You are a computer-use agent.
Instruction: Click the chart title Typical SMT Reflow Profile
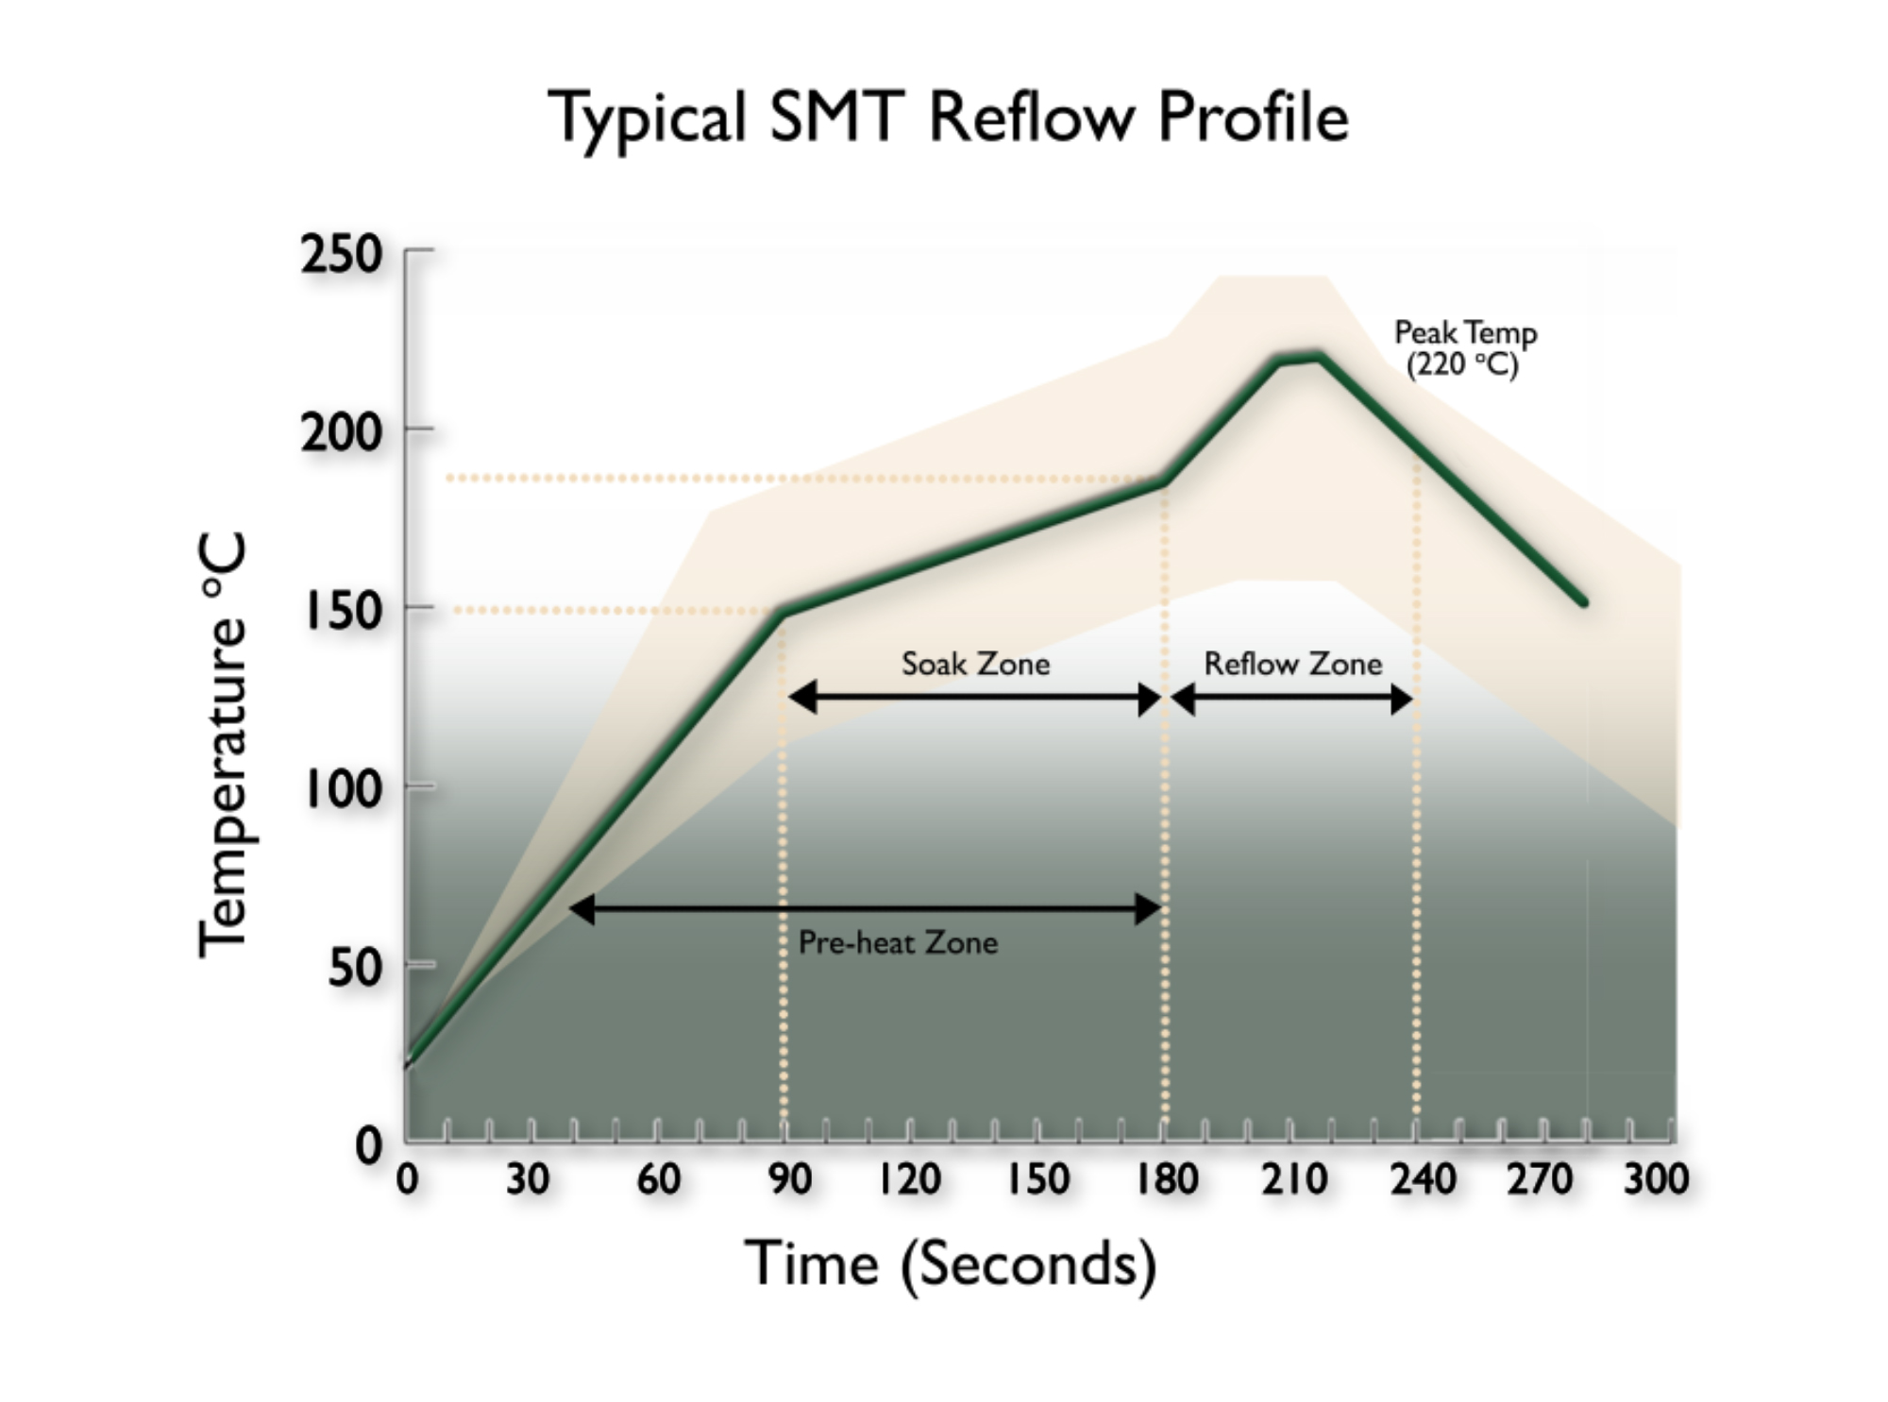[x=948, y=118]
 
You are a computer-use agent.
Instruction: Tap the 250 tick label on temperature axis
[x=341, y=255]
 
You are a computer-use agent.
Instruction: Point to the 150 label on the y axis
[x=343, y=612]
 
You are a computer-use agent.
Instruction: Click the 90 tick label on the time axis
[x=789, y=1179]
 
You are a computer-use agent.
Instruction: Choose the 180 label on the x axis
[x=1167, y=1179]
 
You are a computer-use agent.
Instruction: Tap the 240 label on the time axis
[x=1422, y=1179]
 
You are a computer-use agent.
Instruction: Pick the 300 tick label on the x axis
[x=1655, y=1179]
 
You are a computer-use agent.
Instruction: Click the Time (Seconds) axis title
[x=950, y=1263]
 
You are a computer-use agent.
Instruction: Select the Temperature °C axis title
[x=224, y=746]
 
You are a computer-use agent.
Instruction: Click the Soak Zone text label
[x=975, y=664]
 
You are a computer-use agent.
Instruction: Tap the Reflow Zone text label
[x=1292, y=664]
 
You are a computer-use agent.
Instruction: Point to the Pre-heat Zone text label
[x=898, y=942]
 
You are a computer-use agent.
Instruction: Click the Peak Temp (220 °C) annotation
[x=1464, y=347]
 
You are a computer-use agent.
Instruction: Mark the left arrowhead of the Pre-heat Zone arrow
[x=582, y=909]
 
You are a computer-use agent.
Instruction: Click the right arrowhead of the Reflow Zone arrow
[x=1403, y=700]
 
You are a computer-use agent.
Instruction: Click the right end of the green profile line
[x=1583, y=601]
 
